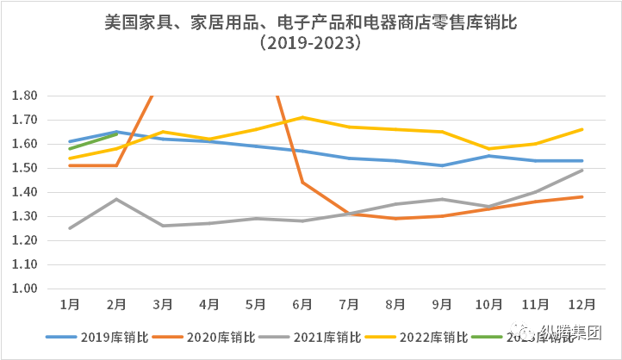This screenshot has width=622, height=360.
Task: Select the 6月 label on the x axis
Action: [302, 305]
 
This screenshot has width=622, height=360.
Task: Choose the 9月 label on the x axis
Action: [442, 305]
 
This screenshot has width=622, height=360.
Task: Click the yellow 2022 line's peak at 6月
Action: [302, 117]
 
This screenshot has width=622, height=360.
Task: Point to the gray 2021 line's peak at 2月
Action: [116, 199]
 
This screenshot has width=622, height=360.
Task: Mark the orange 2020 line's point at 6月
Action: [302, 183]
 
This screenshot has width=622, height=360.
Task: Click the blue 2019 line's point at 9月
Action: [442, 165]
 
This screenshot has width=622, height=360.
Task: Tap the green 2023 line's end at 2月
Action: [116, 134]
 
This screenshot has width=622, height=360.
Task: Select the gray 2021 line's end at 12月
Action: [582, 170]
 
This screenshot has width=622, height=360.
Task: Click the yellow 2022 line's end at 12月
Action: [582, 129]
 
